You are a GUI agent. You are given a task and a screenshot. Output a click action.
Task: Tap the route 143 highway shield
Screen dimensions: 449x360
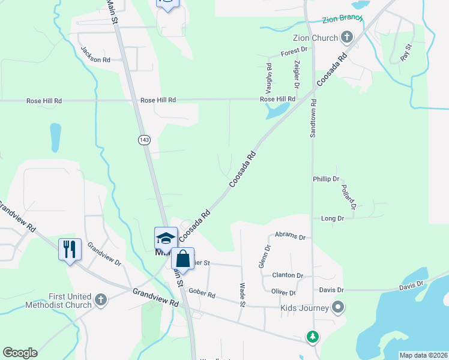144,140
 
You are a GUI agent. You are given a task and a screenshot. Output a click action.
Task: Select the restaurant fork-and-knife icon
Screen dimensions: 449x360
70,248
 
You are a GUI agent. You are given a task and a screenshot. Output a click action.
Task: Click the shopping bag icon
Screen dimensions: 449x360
183,259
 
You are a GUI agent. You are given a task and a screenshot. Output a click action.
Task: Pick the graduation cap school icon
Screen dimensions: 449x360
166,238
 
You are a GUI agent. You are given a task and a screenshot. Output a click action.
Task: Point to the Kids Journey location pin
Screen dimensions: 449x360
338,308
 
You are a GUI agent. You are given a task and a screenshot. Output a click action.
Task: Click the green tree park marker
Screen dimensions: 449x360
312,337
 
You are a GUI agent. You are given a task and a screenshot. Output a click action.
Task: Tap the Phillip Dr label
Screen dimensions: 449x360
326,179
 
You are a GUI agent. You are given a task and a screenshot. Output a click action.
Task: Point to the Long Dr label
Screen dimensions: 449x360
332,218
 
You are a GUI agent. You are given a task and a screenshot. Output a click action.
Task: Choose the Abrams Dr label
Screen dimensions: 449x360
290,236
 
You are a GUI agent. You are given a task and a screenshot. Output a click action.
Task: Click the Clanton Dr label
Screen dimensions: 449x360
288,275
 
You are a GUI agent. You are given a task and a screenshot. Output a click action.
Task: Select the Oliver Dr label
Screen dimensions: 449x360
284,293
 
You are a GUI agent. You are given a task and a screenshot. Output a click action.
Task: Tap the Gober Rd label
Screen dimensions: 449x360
202,295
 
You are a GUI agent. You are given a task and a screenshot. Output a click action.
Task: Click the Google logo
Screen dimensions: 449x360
20,353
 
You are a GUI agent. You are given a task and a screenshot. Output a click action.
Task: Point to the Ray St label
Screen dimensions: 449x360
406,52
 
